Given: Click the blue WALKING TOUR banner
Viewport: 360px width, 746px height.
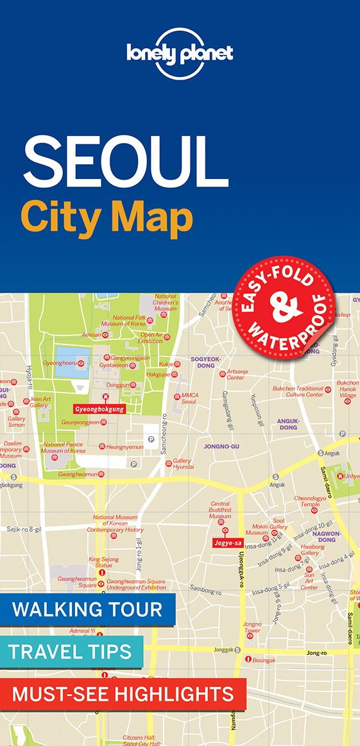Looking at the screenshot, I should click(87, 609).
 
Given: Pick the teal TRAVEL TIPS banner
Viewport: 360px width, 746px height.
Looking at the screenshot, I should click(70, 651).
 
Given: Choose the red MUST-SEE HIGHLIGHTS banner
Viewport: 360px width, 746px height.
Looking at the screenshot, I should click(123, 693).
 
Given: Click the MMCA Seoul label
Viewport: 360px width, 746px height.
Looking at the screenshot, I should click(189, 398).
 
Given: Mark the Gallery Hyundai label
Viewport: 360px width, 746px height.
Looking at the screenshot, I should click(183, 464).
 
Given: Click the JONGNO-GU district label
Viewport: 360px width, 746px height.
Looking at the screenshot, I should click(221, 445).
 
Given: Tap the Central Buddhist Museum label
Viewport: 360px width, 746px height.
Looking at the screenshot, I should click(220, 510).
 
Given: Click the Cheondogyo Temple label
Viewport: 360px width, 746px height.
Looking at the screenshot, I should click(306, 501).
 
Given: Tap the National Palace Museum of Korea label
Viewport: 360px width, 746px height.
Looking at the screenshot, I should click(64, 448).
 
